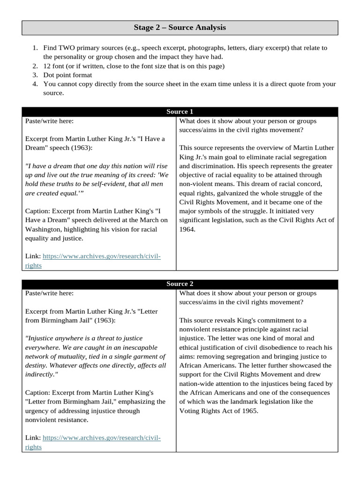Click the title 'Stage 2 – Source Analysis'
(x=180, y=28)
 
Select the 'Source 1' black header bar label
(x=180, y=112)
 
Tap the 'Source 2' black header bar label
(x=180, y=284)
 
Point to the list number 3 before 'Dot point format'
(x=35, y=75)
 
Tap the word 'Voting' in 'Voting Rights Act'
(x=189, y=411)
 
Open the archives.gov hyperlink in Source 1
(x=101, y=256)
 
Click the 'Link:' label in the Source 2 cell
(x=33, y=438)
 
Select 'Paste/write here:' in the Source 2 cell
(x=49, y=293)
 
